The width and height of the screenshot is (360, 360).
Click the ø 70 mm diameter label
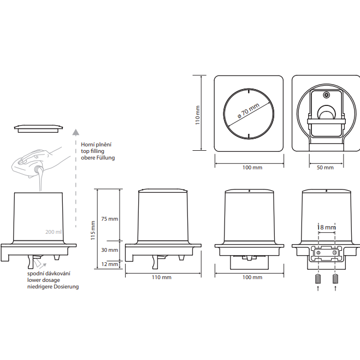point(249,111)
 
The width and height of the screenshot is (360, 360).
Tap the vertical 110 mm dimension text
point(197,115)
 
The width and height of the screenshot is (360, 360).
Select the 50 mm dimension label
point(325,168)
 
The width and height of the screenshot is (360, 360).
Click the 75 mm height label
point(109,219)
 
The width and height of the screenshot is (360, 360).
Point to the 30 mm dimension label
point(109,250)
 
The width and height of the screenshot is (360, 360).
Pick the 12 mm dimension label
point(109,264)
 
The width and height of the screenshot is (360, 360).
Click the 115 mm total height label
point(93,231)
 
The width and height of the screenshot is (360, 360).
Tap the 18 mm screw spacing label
point(326,227)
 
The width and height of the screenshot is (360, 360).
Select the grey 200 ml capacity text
point(54,232)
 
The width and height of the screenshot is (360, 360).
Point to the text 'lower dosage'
point(44,280)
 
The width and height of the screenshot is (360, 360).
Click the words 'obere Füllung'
point(98,158)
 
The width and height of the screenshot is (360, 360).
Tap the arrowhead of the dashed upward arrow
point(76,132)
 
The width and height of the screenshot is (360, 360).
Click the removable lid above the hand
point(39,128)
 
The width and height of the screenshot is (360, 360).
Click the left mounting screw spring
point(318,279)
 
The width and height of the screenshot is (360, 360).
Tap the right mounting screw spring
point(335,279)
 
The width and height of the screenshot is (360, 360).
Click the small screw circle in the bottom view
point(326,95)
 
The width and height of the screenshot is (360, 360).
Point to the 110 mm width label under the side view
point(162,278)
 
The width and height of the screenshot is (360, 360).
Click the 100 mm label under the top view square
point(252,168)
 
